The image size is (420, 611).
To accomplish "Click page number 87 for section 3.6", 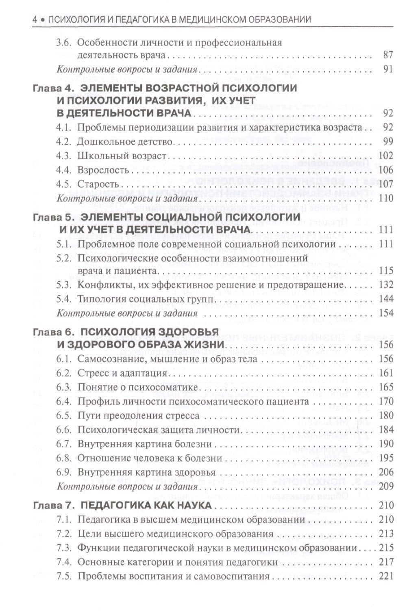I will pos(388,55).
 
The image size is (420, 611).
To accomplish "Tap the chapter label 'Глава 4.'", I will pos(51,88).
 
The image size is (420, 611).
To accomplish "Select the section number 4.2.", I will pos(64,142).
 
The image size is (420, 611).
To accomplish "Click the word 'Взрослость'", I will pos(103,170).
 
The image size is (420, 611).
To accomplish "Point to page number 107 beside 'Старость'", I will pos(385,184).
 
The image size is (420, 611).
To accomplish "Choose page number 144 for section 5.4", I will pos(385,299).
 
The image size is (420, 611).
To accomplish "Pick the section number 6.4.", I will pos(64,402).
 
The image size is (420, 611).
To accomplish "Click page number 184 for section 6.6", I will pos(385,430).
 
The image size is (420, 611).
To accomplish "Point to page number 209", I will pos(385,486).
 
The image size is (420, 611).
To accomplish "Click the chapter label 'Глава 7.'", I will pos(51,505).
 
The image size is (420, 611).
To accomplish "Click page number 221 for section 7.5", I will pos(385,576).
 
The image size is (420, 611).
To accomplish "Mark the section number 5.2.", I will pos(64,258).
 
